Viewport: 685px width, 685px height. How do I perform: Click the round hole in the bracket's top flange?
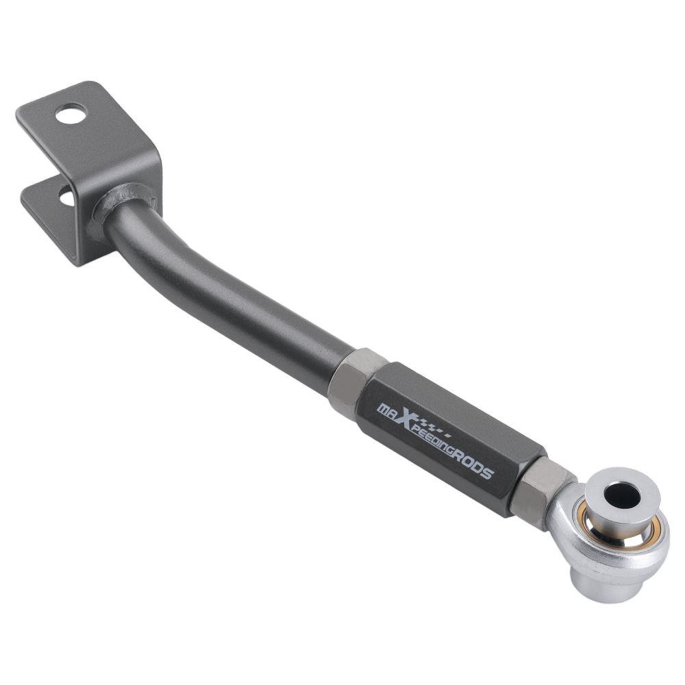click(71, 114)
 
